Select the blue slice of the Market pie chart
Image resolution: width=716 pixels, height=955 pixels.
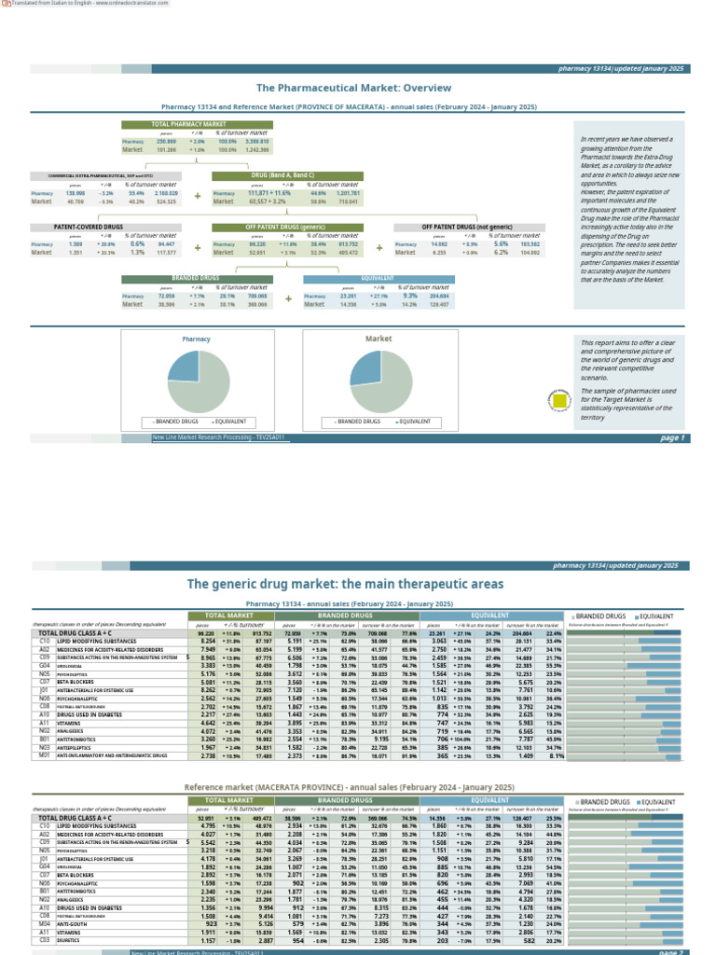click(x=364, y=367)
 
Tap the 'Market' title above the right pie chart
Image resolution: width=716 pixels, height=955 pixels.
click(x=378, y=339)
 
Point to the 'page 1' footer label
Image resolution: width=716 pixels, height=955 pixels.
click(x=671, y=437)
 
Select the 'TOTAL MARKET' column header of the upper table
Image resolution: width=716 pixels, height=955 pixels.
click(x=228, y=616)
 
